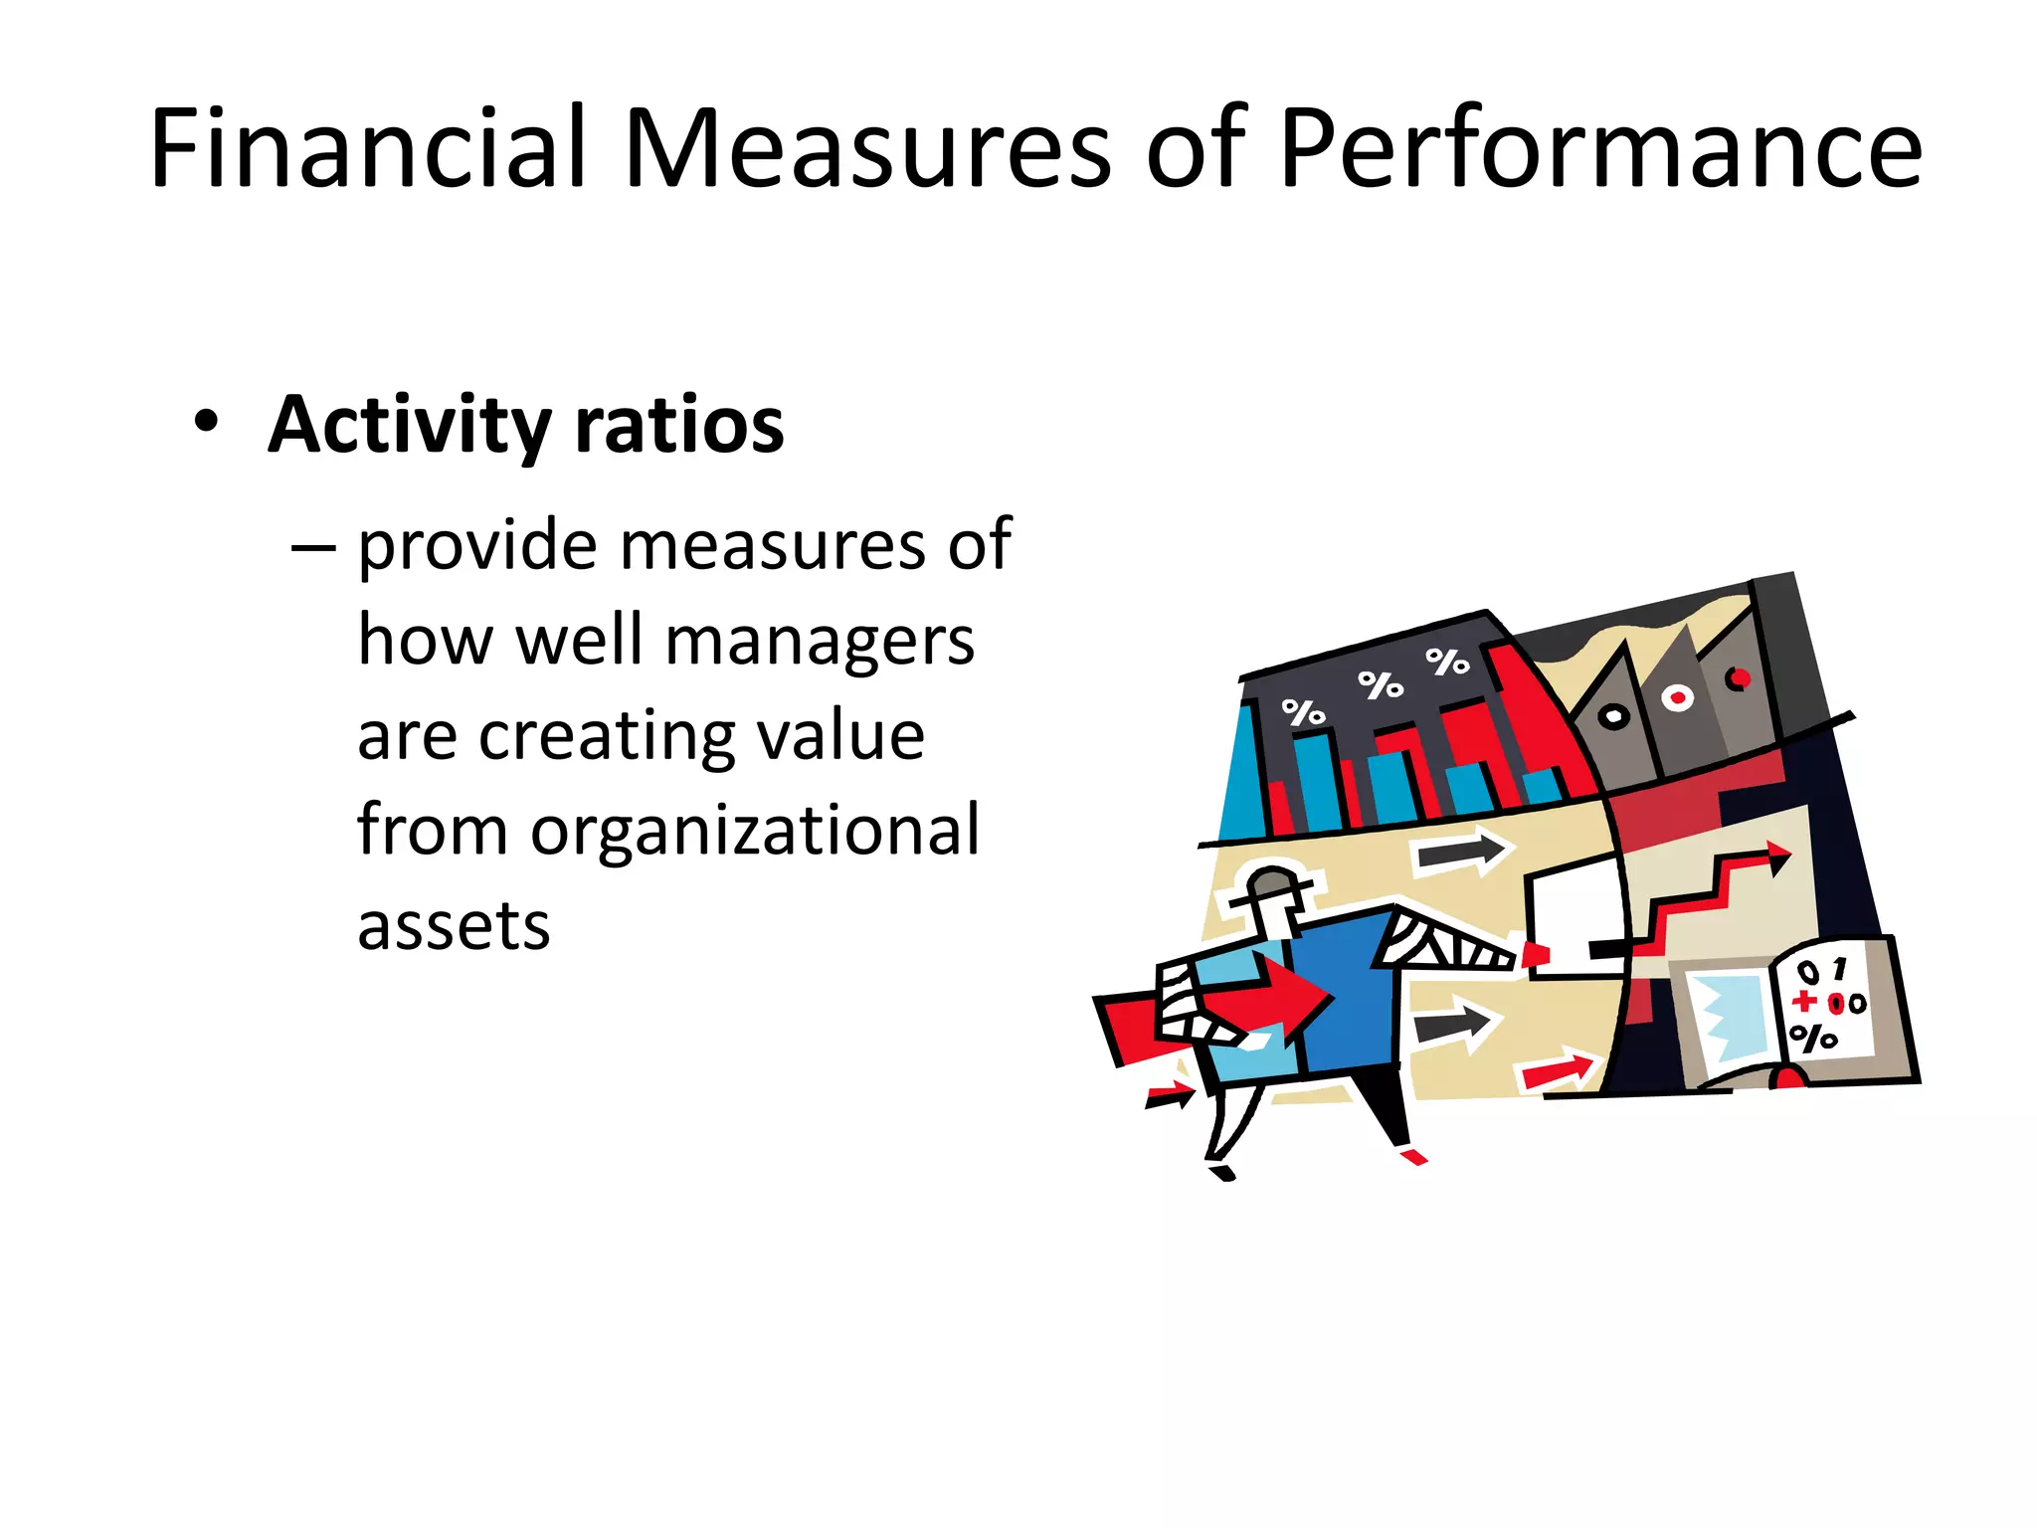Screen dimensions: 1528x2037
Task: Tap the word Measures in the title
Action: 865,149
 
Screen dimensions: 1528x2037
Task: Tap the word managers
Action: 820,641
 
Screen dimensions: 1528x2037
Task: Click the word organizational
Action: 755,830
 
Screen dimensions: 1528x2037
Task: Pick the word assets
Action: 454,925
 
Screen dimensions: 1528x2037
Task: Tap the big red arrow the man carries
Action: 1273,995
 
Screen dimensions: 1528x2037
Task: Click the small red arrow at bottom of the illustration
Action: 1557,1070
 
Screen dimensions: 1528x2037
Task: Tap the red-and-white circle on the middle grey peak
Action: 1678,697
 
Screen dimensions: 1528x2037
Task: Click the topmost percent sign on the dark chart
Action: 1447,661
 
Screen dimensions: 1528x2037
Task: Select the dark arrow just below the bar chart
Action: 1462,853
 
